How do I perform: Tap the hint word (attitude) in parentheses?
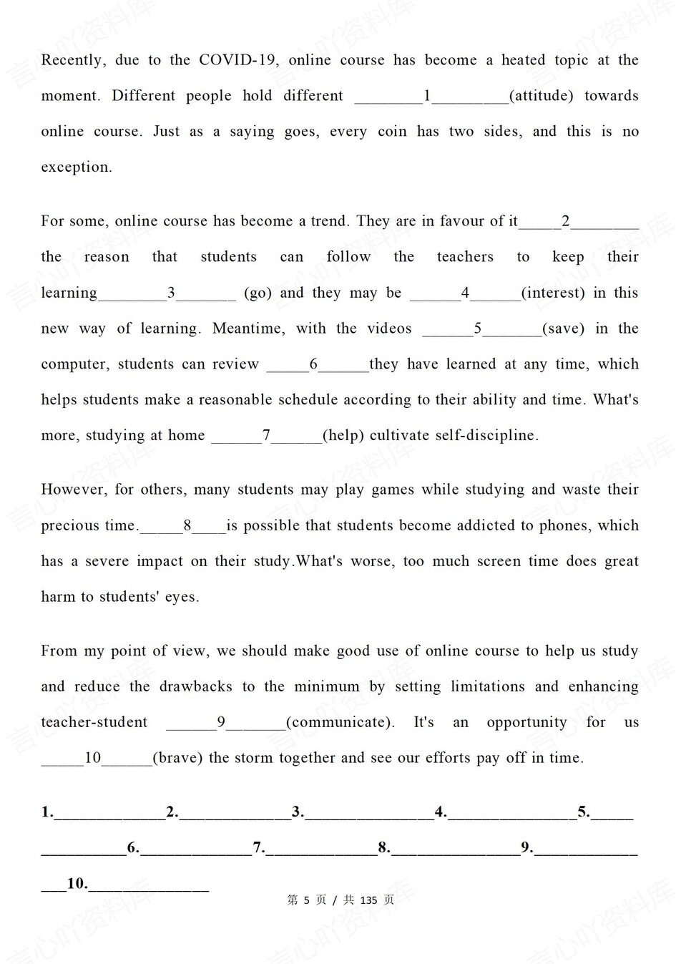pos(541,96)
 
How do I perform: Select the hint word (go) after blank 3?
pos(258,293)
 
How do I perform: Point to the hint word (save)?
pos(563,328)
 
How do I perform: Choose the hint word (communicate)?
pos(340,722)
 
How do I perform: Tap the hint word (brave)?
pos(178,758)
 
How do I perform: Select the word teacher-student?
pos(94,722)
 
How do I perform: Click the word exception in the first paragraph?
pos(76,167)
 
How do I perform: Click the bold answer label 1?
pos(47,812)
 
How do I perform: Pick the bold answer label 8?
pos(384,847)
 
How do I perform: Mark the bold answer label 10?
pos(77,884)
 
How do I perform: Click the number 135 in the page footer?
pos(368,900)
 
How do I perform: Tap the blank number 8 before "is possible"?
pos(187,525)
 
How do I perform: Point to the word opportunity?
pos(526,722)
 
